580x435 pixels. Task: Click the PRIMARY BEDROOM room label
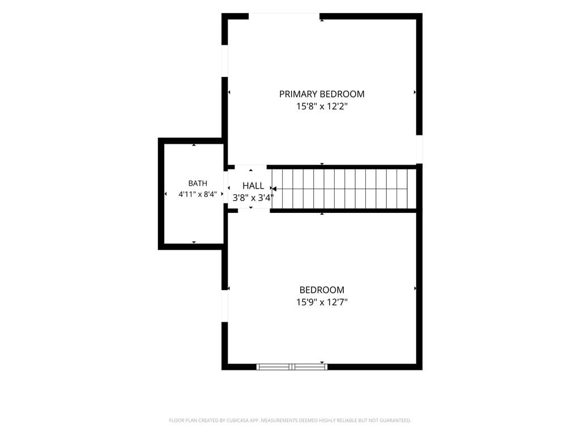(x=322, y=95)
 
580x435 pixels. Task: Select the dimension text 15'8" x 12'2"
(x=322, y=106)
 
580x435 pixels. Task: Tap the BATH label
(x=198, y=184)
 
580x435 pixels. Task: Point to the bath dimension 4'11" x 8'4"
(x=198, y=194)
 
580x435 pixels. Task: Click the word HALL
(x=253, y=186)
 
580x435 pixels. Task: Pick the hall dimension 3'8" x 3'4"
(x=253, y=198)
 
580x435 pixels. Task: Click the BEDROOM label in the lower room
(x=322, y=290)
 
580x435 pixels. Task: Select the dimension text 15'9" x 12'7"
(x=322, y=302)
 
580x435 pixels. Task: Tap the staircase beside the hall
(x=344, y=189)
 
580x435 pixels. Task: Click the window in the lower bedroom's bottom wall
(x=292, y=367)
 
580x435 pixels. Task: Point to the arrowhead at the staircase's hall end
(x=274, y=189)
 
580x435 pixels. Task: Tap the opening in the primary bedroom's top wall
(x=284, y=16)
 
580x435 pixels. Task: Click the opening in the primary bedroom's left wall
(x=224, y=61)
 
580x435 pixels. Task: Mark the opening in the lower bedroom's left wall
(x=224, y=306)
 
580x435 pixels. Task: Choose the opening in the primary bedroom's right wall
(x=420, y=150)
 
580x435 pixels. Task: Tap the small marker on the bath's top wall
(x=194, y=144)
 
